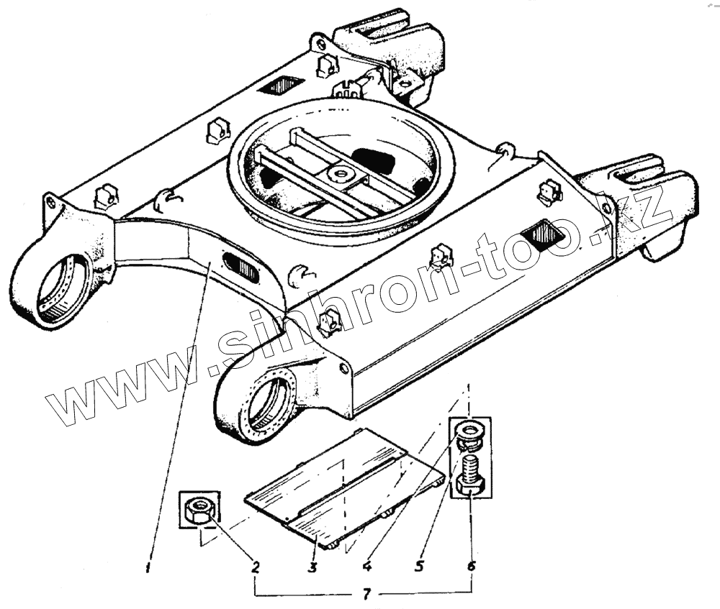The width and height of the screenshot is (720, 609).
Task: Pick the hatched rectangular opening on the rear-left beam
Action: pyautogui.click(x=279, y=86)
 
